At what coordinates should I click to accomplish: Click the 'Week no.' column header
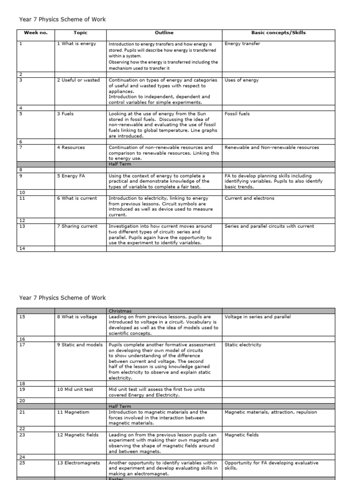coord(36,33)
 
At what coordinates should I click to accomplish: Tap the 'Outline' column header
coord(164,33)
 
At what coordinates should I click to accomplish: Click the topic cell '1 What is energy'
coord(76,44)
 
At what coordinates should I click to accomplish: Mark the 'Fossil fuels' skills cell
coord(237,114)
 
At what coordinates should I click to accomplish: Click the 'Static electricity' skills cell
coord(243,345)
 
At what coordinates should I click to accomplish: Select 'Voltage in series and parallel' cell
coord(258,317)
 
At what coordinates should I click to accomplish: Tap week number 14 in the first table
coord(22,248)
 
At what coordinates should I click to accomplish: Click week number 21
coord(22,412)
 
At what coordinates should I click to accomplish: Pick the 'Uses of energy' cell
coord(241,80)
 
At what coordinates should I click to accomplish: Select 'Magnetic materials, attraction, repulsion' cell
coord(270,412)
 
